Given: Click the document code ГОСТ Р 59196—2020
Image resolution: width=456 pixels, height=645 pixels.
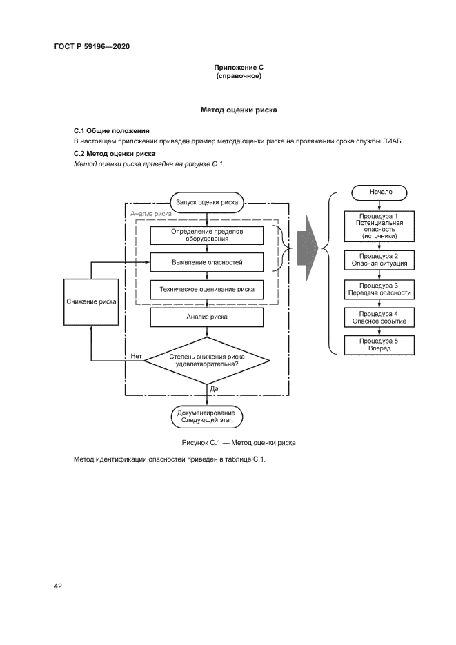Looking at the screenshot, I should [92, 46].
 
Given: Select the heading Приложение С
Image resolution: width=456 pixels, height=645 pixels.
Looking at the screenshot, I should [239, 67].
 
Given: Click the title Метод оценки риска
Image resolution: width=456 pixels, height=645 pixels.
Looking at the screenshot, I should [239, 110].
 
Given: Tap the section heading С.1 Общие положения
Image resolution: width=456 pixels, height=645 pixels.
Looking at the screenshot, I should [112, 130].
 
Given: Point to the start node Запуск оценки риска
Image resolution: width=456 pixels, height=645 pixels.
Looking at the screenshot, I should [207, 202].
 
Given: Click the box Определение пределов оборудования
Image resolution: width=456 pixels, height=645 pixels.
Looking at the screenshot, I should [207, 235].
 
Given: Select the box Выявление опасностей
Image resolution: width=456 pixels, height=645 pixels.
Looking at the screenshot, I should [207, 262].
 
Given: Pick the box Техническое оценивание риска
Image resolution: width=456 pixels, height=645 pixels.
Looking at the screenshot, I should [207, 290].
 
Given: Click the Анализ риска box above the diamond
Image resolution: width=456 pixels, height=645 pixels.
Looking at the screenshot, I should [207, 317].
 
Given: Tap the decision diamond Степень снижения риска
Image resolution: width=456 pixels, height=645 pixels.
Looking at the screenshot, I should [207, 361].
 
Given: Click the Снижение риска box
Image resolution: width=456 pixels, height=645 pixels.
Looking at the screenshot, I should [91, 301].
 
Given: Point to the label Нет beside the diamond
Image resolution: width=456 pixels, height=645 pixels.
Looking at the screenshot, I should [136, 356].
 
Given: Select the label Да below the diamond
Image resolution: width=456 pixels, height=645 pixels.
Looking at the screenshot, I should [214, 389].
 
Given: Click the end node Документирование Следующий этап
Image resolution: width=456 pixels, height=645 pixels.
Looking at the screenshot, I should [207, 416].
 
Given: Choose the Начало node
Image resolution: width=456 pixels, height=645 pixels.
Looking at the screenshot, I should [380, 192].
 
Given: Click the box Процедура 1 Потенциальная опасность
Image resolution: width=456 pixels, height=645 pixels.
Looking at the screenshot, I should [380, 226].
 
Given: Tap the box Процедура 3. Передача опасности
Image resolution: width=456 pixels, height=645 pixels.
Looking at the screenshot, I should [380, 289].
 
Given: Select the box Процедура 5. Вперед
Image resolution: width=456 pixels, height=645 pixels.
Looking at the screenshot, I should [380, 345].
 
